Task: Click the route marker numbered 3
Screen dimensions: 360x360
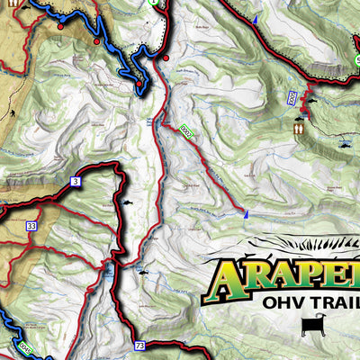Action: (x=75, y=182)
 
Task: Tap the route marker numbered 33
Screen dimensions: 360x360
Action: (x=31, y=227)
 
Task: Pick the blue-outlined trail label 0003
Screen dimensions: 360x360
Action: (x=292, y=96)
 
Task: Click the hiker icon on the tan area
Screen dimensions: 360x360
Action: (x=13, y=112)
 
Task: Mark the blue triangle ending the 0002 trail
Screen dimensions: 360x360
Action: (x=245, y=213)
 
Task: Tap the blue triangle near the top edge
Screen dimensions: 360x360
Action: (x=255, y=20)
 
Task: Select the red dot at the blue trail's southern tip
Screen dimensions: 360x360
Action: (x=141, y=85)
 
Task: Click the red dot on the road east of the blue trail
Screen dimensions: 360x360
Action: (x=166, y=58)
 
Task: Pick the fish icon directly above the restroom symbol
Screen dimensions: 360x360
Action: (x=299, y=114)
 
